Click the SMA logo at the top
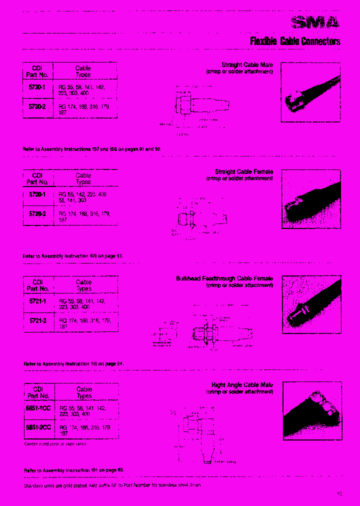coord(316,22)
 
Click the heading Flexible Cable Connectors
coord(295,41)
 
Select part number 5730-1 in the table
coord(37,87)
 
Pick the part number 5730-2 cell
coord(37,107)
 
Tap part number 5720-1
coord(37,194)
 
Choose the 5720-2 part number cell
coord(37,214)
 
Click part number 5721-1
coord(37,301)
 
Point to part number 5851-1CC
coord(38,408)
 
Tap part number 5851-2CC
coord(38,427)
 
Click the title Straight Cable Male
coord(247,65)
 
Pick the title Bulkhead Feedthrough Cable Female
coord(224,278)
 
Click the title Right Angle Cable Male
coord(242,385)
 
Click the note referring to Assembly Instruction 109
coord(73,256)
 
